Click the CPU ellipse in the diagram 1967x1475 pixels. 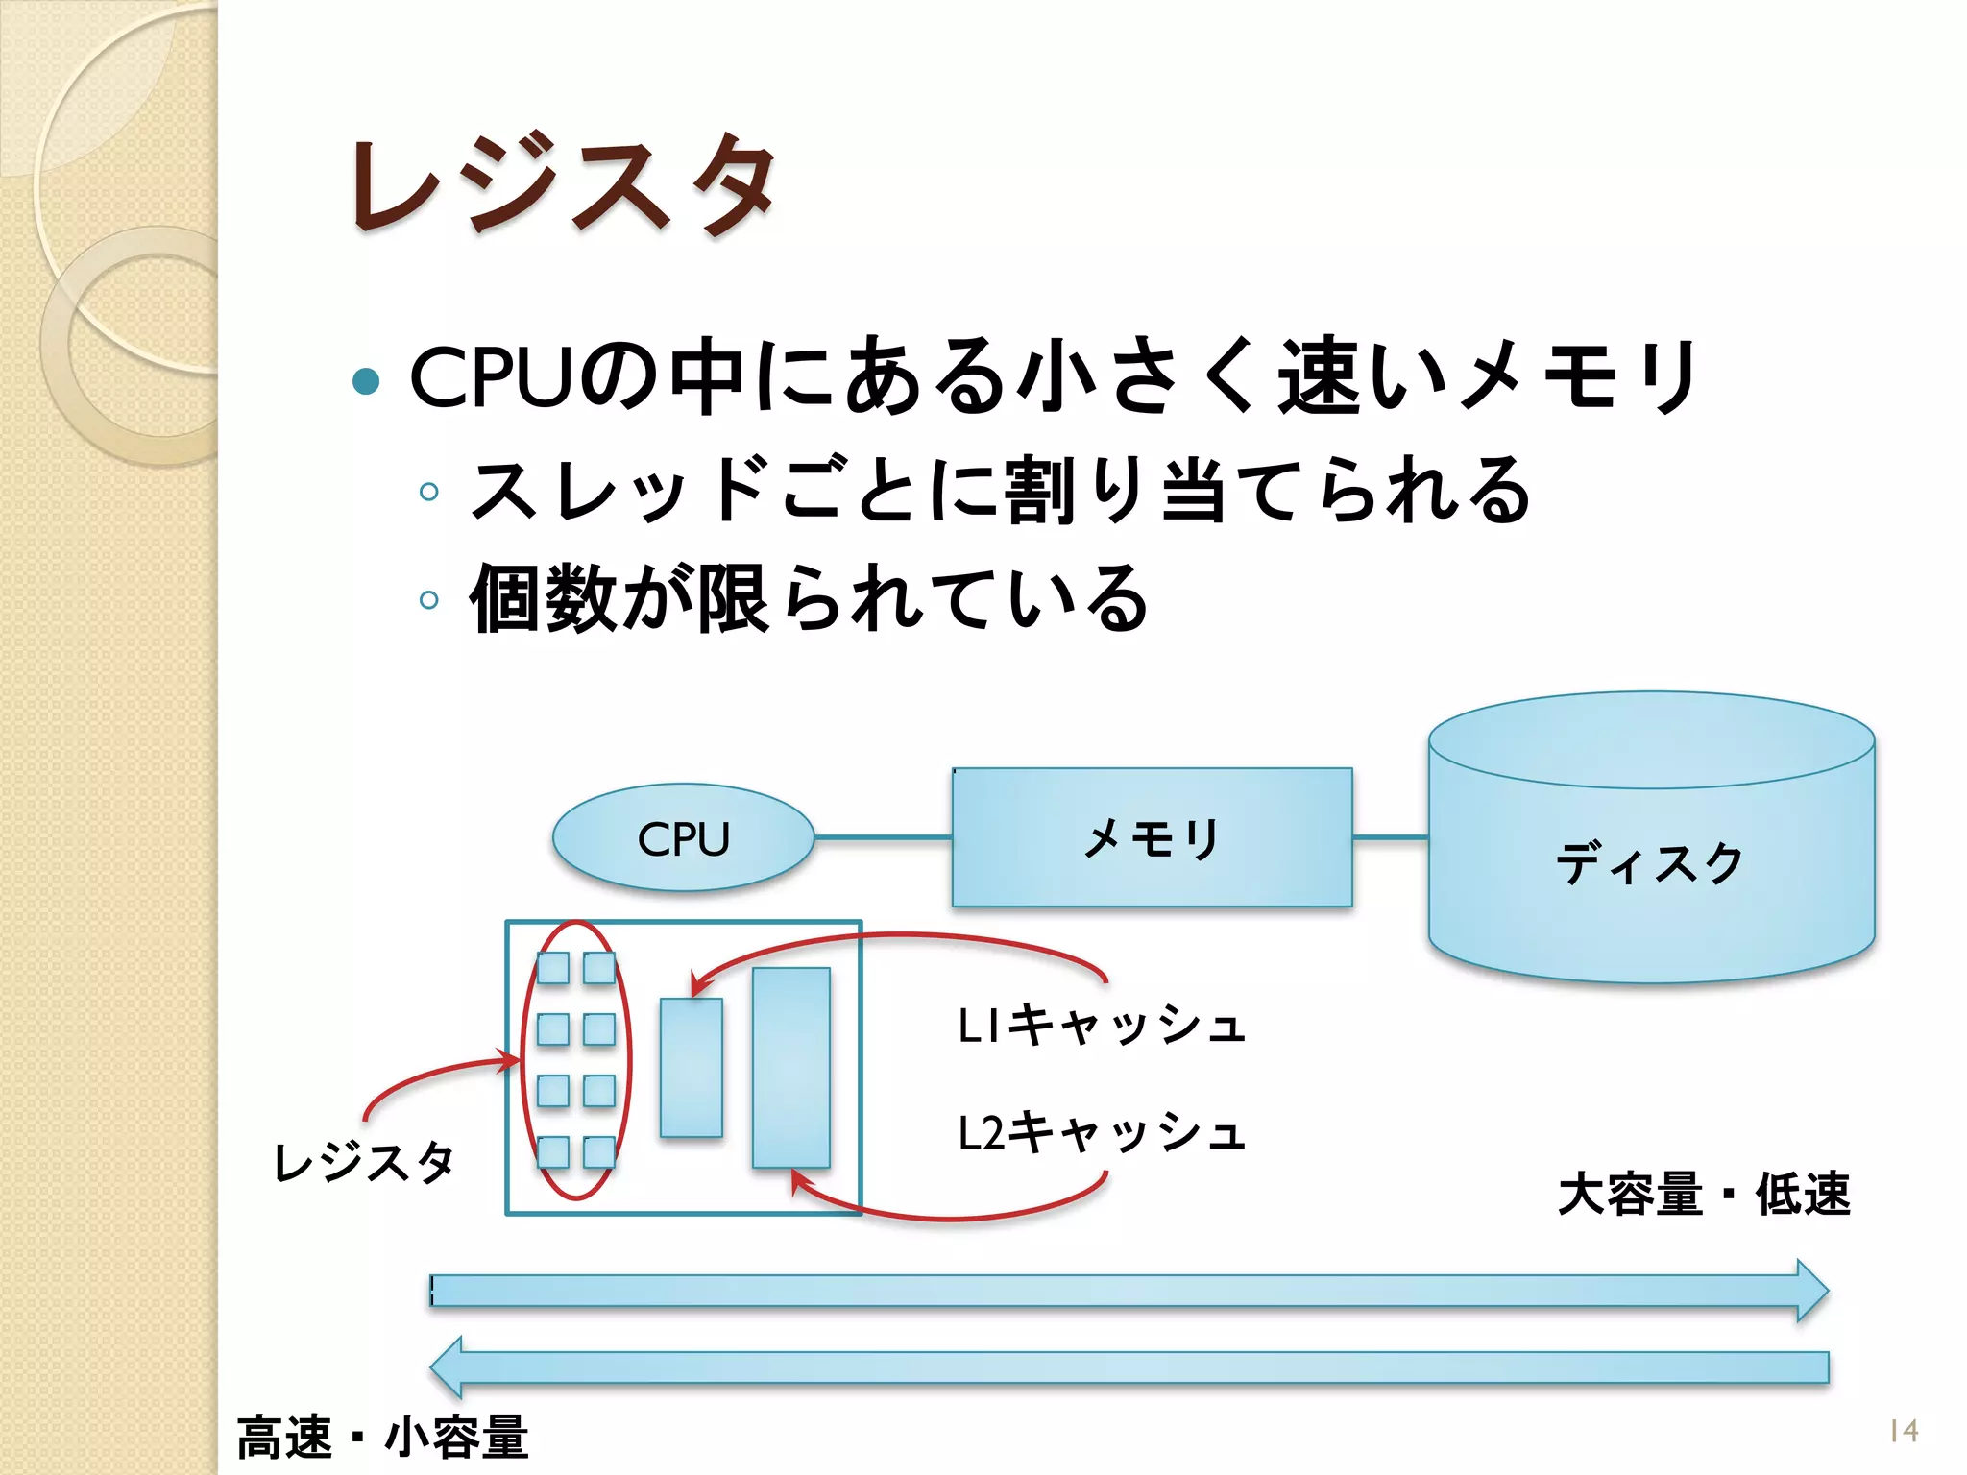click(x=683, y=838)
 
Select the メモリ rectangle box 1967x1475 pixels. click(x=1152, y=837)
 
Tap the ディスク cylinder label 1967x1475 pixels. click(x=1649, y=862)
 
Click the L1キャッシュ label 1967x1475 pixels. click(x=1102, y=1025)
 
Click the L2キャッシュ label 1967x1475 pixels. click(x=1102, y=1132)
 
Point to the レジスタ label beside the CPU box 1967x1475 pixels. click(x=364, y=1162)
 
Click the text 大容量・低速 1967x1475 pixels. click(x=1703, y=1195)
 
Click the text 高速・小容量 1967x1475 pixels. click(x=382, y=1438)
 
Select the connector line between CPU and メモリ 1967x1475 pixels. click(x=883, y=837)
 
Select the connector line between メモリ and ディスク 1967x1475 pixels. click(x=1390, y=837)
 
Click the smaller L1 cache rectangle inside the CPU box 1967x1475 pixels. click(x=691, y=1067)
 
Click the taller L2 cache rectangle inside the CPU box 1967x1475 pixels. click(x=790, y=1067)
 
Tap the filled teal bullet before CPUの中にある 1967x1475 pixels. click(x=366, y=381)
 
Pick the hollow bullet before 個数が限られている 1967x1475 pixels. click(x=429, y=600)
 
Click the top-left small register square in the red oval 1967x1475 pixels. click(x=552, y=968)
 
